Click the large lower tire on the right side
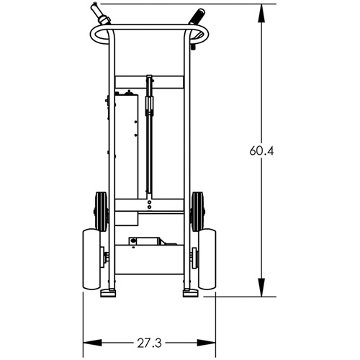205,257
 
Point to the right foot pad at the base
190,292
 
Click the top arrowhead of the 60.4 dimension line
261,9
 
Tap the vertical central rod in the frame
150,144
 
